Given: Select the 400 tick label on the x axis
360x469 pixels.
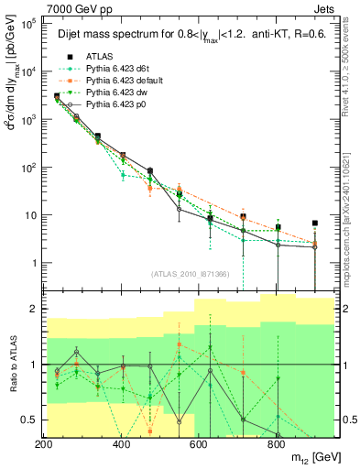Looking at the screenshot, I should tap(121, 443).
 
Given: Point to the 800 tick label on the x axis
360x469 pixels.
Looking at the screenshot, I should tap(276, 443).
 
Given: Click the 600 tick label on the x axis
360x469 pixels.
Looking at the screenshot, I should tap(199, 443).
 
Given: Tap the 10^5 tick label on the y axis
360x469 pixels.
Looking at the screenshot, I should tap(27, 25).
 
